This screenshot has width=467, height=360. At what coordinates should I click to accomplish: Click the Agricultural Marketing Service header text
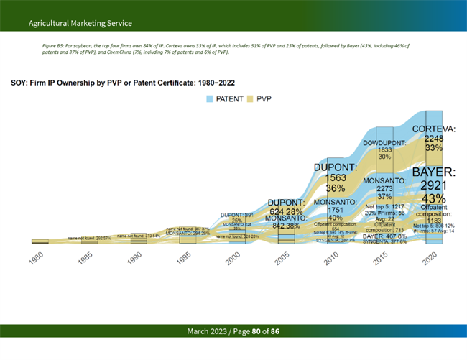click(70, 24)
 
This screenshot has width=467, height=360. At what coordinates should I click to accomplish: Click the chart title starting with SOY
click(122, 83)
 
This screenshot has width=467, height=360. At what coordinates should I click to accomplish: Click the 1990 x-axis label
click(135, 259)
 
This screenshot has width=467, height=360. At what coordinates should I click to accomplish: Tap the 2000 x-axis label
click(233, 259)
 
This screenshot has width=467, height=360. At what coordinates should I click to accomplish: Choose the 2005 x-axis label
click(282, 259)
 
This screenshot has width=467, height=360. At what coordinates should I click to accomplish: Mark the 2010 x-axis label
click(332, 259)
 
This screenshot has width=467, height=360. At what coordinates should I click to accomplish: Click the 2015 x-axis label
click(381, 259)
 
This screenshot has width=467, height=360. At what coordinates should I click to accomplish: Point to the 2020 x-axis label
click(430, 259)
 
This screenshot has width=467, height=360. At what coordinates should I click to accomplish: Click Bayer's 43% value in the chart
click(433, 198)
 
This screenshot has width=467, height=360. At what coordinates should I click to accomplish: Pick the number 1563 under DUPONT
click(332, 178)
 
